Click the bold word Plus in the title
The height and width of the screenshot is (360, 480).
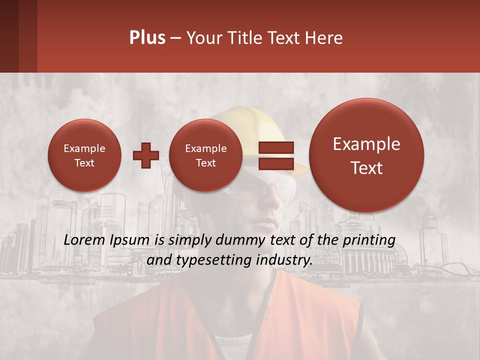tap(147, 38)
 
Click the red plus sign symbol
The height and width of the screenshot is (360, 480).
tap(145, 155)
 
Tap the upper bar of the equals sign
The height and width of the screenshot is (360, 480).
tap(275, 148)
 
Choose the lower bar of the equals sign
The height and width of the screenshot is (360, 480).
tap(275, 163)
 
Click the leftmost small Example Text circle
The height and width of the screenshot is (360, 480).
tap(84, 155)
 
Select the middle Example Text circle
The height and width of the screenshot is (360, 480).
tap(205, 155)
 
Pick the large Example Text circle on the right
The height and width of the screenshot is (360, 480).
tap(366, 155)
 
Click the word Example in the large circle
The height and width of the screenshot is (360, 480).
tap(366, 144)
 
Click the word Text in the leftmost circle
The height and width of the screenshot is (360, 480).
tap(84, 163)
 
